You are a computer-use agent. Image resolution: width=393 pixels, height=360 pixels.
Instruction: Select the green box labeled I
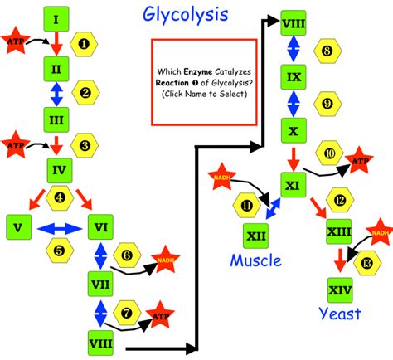point(55,18)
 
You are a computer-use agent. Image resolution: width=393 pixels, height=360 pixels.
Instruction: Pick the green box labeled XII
point(257,236)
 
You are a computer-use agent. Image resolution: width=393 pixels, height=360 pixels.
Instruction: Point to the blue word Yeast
point(340,314)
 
